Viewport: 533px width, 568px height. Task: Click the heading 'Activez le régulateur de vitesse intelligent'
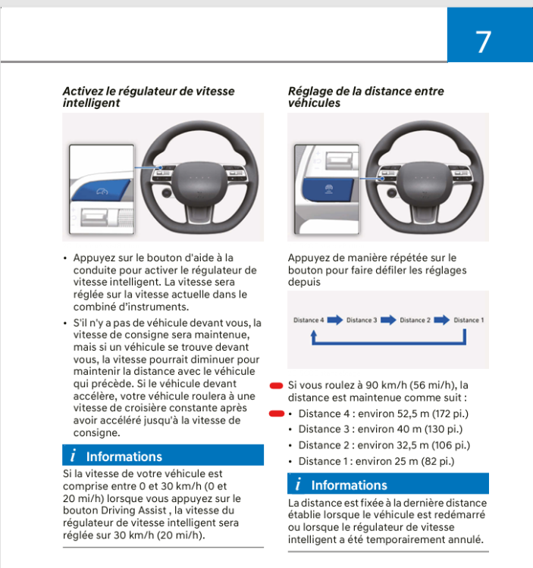click(x=148, y=96)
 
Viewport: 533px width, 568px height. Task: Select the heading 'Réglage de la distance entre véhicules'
click(x=365, y=96)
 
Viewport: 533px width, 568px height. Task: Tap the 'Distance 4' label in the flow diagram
click(x=309, y=320)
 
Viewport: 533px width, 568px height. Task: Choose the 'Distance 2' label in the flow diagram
click(x=415, y=320)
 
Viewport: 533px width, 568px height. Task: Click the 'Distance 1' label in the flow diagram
click(x=469, y=320)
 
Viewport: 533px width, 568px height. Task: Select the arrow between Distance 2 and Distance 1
click(x=442, y=320)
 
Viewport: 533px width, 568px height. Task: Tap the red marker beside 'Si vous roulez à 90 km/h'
click(x=277, y=385)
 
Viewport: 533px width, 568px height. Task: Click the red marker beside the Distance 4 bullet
click(x=277, y=414)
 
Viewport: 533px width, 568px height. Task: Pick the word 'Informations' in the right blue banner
click(x=349, y=485)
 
